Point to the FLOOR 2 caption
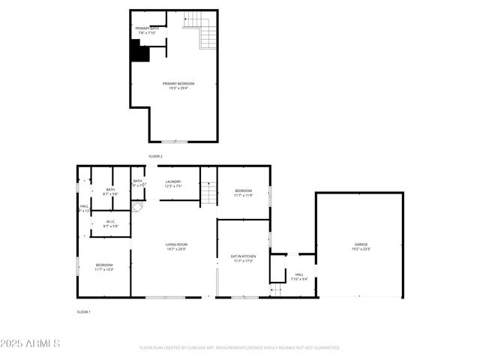click(155, 156)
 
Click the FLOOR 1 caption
click(83, 311)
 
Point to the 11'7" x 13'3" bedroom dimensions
click(103, 269)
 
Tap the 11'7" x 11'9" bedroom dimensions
click(243, 195)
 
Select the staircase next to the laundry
click(208, 191)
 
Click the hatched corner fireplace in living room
click(136, 206)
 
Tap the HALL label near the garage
click(299, 274)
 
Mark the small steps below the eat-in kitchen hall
click(275, 289)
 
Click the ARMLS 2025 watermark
click(31, 343)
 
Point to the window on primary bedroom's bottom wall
click(175, 141)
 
